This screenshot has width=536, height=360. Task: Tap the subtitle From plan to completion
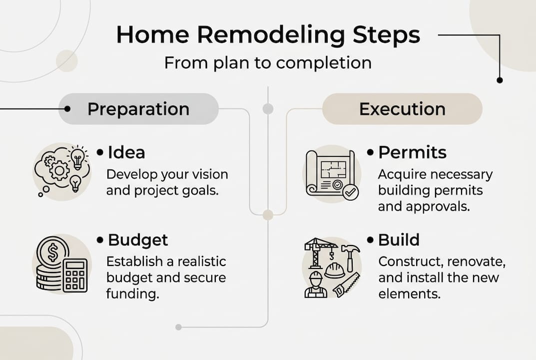[268, 63]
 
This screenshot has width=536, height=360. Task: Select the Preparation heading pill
[138, 109]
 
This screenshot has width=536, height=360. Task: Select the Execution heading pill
[402, 109]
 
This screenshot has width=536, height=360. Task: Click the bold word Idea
[126, 153]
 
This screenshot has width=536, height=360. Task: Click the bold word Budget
[138, 240]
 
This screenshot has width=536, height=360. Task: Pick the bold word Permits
[412, 152]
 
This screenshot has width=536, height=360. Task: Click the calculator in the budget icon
[75, 275]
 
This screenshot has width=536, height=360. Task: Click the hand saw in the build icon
[346, 285]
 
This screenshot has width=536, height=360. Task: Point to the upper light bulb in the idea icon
[77, 158]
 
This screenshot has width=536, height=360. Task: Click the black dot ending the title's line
[499, 80]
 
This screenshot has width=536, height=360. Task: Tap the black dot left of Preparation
[67, 108]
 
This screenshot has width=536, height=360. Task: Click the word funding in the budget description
[132, 293]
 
